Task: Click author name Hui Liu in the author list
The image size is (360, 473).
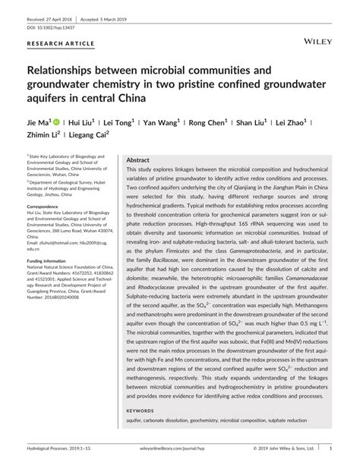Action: [x=81, y=122]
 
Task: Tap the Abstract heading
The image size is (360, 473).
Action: [x=137, y=161]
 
